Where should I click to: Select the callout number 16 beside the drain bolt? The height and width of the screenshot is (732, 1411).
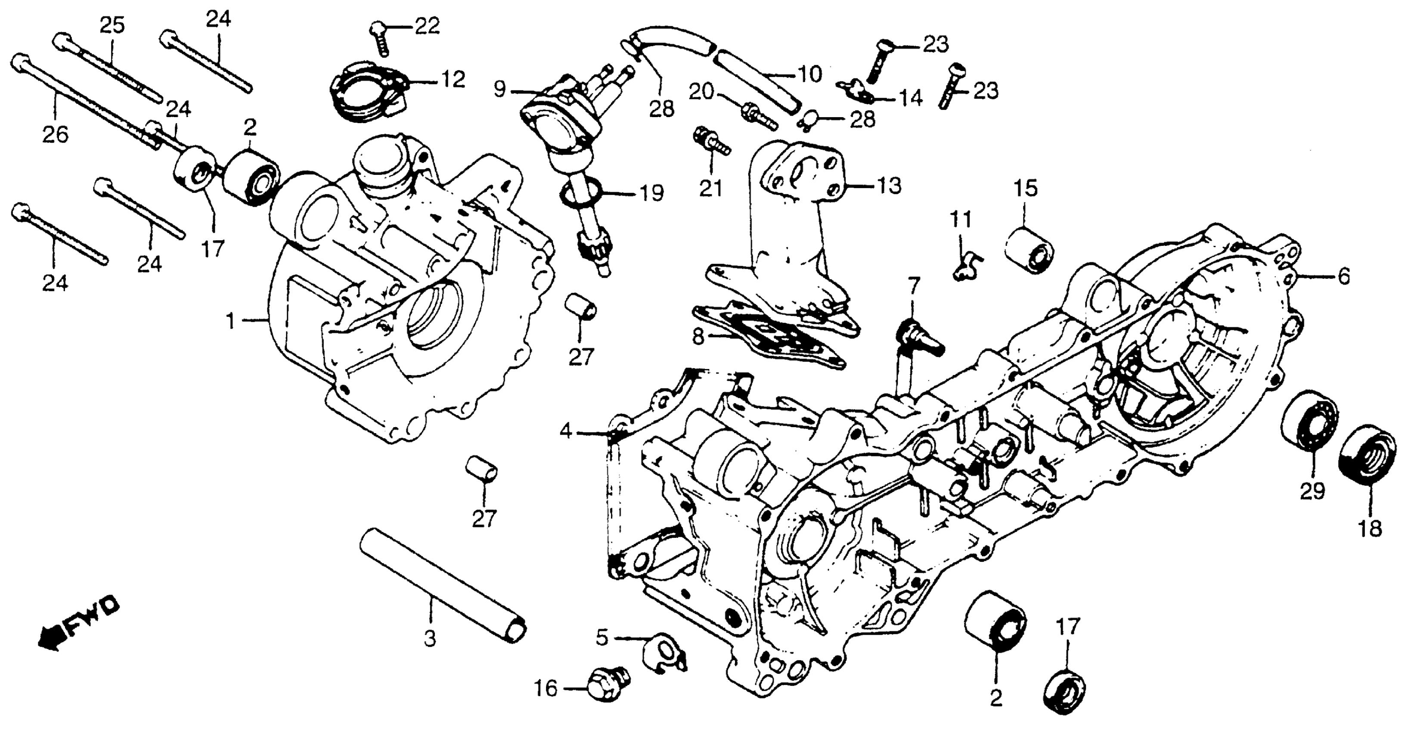(546, 689)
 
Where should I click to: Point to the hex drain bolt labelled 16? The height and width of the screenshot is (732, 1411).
(606, 685)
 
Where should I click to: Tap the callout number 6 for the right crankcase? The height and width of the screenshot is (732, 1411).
(1344, 277)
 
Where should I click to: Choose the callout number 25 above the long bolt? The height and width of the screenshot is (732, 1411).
(112, 25)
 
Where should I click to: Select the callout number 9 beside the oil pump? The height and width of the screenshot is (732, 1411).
(499, 89)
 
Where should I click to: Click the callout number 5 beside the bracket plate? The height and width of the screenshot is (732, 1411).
(602, 638)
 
